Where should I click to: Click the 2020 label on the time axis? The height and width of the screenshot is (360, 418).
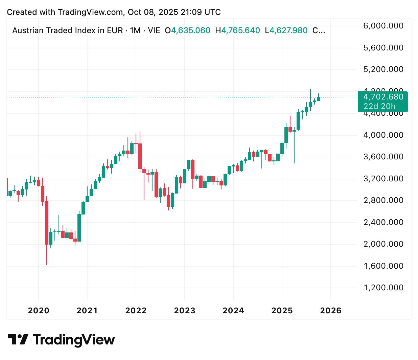point(39,311)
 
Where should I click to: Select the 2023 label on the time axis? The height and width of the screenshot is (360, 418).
point(185,311)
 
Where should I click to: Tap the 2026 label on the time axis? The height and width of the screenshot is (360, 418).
point(331,311)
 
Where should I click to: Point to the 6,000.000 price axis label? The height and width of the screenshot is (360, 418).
point(383,26)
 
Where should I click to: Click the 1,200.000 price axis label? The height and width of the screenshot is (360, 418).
point(383,288)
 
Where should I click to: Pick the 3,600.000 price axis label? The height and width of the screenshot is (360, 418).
point(383,157)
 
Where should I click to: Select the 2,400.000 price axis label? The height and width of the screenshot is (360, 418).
point(383,222)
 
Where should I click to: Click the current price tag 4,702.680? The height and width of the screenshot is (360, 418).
point(383,97)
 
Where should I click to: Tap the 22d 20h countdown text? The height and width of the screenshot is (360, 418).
point(379,106)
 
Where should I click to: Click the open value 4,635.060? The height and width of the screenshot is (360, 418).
point(191,30)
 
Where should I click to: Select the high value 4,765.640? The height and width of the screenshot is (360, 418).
point(241,30)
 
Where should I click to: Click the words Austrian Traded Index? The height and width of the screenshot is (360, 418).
point(54,30)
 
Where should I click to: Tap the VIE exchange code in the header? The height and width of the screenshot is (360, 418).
point(154,30)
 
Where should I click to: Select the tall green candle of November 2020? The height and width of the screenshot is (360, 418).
point(79,228)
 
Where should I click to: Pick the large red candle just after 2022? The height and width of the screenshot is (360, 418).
point(140,156)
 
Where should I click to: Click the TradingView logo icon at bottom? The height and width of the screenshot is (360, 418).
point(18,339)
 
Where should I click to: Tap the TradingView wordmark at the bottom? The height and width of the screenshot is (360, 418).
point(74,339)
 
